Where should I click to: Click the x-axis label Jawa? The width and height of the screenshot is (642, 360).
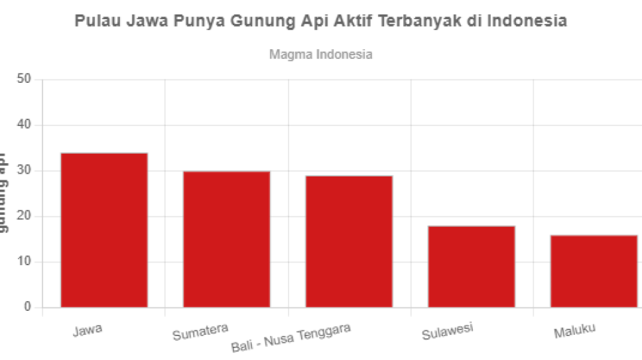88,329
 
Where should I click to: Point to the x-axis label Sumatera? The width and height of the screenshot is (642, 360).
200,331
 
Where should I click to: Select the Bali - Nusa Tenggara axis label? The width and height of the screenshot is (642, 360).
291,337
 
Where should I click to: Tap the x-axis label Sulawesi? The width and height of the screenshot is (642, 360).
447,331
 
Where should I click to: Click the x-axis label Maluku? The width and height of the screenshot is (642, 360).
575,330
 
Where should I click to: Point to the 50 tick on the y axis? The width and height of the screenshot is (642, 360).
25,80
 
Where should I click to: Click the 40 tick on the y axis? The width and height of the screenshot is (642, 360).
25,125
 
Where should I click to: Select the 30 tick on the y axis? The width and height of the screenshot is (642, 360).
25,171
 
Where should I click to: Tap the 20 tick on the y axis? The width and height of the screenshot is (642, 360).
25,217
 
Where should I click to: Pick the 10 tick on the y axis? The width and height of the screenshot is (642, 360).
25,262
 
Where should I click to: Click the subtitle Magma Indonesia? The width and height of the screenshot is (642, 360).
320,54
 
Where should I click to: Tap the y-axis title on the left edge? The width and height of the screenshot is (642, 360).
4,192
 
